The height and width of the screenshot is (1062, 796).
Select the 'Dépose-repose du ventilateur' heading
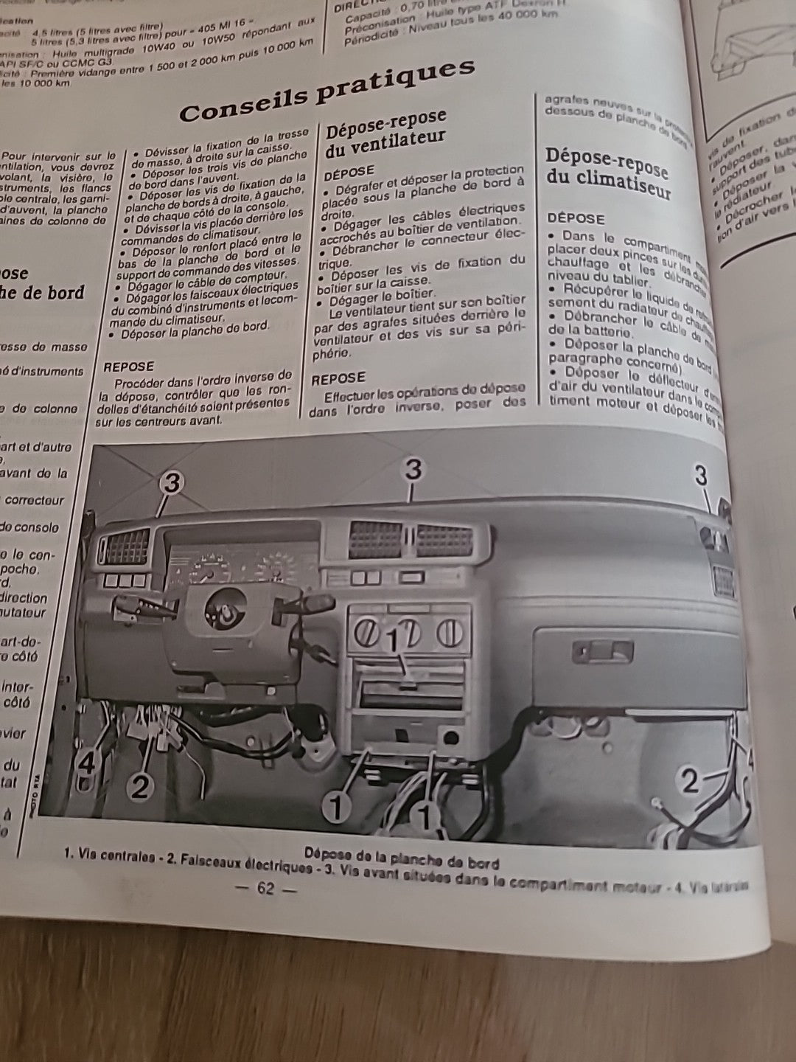point(385,133)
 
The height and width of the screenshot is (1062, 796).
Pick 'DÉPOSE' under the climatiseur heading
point(576,218)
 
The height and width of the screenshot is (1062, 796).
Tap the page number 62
point(265,889)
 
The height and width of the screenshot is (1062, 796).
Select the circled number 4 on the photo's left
point(86,765)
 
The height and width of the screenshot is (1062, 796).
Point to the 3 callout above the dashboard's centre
point(413,469)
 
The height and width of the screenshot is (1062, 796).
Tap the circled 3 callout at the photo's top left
point(171,483)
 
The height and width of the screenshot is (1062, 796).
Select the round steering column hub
point(220,606)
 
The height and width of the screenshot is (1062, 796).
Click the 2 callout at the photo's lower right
point(689,780)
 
